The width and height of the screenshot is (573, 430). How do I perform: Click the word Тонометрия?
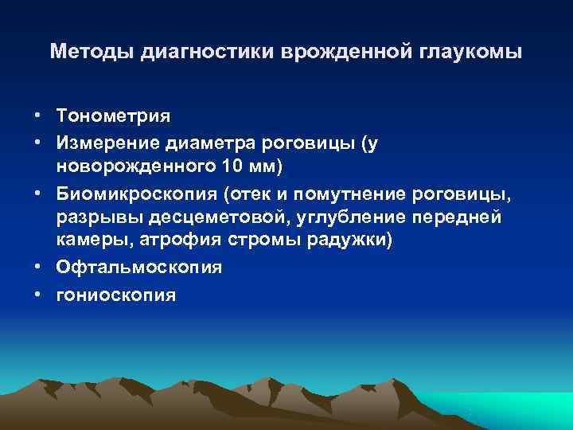coord(113,115)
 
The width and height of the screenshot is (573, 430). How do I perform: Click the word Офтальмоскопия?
coord(138,268)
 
